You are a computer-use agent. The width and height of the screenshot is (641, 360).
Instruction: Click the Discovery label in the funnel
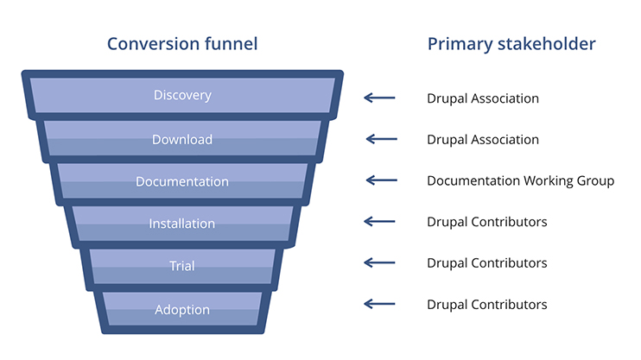182,95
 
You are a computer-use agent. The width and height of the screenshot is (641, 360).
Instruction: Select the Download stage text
182,139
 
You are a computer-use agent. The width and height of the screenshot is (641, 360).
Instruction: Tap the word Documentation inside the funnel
182,181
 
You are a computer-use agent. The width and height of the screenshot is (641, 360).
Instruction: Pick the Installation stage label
182,224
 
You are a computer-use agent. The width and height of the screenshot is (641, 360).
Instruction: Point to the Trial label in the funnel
182,266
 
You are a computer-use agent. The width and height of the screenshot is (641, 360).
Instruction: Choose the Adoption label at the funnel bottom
182,309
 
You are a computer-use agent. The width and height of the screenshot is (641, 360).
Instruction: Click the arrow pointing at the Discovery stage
379,98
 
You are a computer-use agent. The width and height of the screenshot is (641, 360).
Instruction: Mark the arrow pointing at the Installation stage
379,222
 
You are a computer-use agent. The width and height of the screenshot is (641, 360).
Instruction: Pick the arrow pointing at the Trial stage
379,262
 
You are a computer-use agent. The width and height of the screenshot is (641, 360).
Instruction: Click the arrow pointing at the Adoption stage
379,304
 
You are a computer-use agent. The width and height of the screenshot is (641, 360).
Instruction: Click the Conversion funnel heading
182,43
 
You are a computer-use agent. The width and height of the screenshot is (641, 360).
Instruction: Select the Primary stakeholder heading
511,44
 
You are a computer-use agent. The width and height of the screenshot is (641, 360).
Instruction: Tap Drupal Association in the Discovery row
483,98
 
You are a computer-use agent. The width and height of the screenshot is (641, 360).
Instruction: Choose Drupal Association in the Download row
483,140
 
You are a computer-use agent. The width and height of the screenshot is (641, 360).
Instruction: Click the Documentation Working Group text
520,181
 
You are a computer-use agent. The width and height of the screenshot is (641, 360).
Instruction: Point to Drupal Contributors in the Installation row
487,222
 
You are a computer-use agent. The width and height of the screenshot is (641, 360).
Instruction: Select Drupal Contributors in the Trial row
487,262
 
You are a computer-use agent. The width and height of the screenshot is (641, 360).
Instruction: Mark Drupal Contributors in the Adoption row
487,304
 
